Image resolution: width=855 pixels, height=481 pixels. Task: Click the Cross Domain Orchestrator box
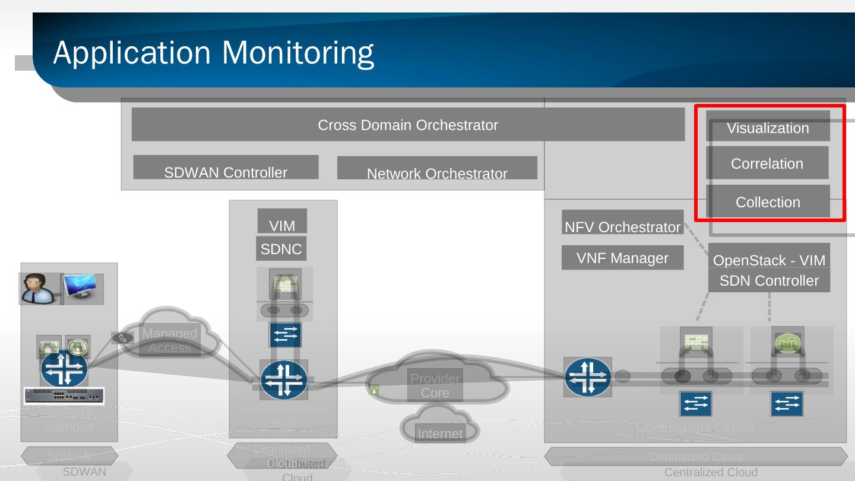408,125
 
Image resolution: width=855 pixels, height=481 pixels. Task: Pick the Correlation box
767,163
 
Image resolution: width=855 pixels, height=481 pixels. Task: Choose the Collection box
768,201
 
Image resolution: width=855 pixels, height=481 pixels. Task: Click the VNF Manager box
622,258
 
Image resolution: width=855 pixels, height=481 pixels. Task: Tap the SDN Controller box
769,280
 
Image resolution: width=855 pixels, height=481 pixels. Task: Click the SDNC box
281,249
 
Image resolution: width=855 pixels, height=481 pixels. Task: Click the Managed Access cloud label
170,340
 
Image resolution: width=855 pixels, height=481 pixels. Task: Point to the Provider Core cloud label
435,385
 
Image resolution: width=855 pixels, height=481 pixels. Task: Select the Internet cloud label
439,433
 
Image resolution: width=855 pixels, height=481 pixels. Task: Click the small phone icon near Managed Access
123,338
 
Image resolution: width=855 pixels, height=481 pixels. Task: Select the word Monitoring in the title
297,53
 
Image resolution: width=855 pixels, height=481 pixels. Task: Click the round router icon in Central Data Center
587,376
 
